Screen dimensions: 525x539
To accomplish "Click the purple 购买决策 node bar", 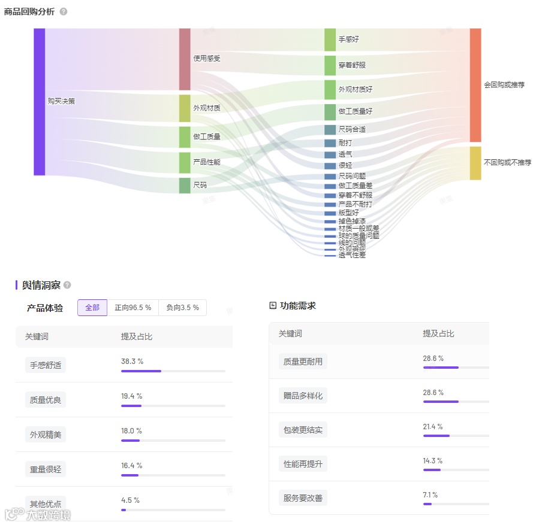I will (x=40, y=102).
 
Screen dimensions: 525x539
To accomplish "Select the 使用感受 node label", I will (x=206, y=59).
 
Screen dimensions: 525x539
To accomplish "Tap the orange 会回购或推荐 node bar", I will (x=475, y=85).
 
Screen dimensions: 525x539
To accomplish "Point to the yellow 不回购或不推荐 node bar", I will (x=475, y=163).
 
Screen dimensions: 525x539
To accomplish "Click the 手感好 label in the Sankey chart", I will (x=348, y=40).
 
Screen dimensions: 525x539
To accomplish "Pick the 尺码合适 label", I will (x=351, y=129).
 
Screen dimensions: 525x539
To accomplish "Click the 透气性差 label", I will (x=351, y=255).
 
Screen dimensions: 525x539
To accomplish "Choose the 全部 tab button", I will (x=92, y=308).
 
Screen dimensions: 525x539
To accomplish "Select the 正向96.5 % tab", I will (x=133, y=308).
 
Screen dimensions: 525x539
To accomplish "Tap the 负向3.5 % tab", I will (x=182, y=308).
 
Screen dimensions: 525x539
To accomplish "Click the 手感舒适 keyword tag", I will (x=46, y=365).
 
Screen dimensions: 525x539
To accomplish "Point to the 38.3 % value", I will (x=132, y=362).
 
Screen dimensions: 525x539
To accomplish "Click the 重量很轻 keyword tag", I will (x=46, y=469).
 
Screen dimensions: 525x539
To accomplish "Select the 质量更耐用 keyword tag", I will (x=303, y=362).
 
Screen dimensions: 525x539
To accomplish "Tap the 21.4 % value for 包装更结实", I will (x=433, y=427).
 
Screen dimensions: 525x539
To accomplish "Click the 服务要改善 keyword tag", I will (x=303, y=497).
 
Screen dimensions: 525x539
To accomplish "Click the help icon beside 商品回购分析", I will (x=64, y=12).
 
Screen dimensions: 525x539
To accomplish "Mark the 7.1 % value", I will (x=430, y=495).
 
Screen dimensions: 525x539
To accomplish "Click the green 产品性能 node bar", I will (x=185, y=162).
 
